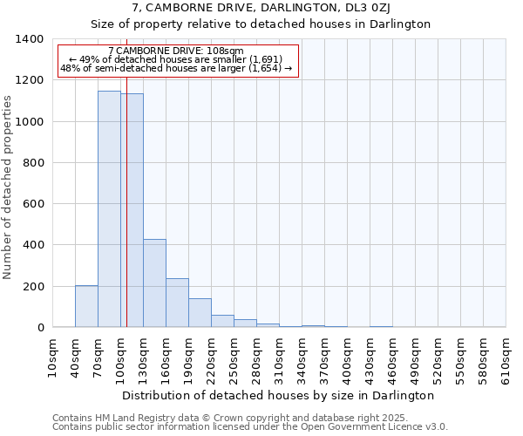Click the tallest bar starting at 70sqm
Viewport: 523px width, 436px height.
(x=109, y=209)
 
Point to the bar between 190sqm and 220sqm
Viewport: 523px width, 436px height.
(x=200, y=312)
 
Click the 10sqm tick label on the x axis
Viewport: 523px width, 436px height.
(x=53, y=358)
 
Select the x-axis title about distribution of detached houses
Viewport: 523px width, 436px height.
(x=278, y=395)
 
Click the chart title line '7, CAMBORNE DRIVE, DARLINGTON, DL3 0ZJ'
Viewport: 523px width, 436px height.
(x=261, y=8)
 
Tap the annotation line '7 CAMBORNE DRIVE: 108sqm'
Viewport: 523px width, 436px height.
(x=177, y=51)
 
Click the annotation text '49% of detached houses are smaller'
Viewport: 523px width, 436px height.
(x=177, y=59)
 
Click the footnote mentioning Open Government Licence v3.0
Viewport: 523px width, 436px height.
(x=250, y=427)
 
